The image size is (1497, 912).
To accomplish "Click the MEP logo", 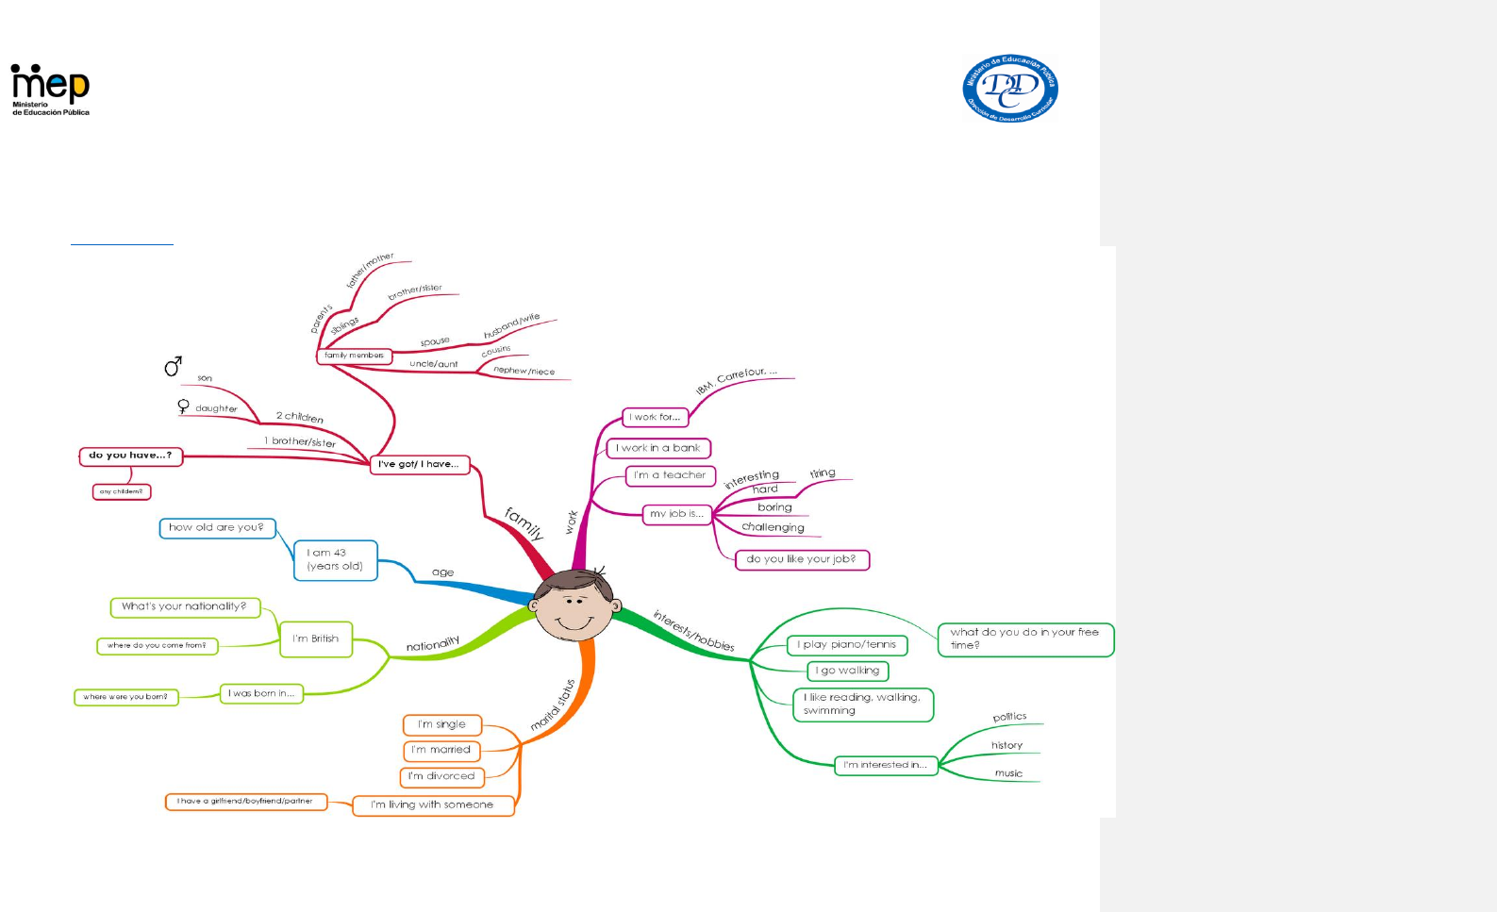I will click(50, 89).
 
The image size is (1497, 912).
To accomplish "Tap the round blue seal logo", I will click(1009, 89).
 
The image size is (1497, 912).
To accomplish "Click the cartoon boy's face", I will click(574, 605).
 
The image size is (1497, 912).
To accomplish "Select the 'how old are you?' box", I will click(217, 528).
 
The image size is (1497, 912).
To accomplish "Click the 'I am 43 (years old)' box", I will click(335, 560).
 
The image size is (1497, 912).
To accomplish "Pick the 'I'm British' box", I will click(316, 639).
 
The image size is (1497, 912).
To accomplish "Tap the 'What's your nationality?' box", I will click(185, 606).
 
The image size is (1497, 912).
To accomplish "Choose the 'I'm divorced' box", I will click(442, 777).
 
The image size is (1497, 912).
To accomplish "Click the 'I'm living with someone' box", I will click(433, 805).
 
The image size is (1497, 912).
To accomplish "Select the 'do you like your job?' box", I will click(802, 559).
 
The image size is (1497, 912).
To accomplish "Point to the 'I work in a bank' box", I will click(658, 449).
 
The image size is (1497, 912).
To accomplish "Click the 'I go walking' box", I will click(848, 672).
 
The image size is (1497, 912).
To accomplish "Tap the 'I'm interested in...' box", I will click(886, 766).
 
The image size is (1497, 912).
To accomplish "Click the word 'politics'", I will click(1009, 717).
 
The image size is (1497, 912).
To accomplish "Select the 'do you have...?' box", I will click(130, 456).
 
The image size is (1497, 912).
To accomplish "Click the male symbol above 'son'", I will click(173, 366).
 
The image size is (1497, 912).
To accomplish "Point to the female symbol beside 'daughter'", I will click(183, 406).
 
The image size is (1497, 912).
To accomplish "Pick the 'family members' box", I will click(354, 357).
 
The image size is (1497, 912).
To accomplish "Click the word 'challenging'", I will click(773, 527).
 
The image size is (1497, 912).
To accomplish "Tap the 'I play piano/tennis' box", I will click(847, 645).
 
